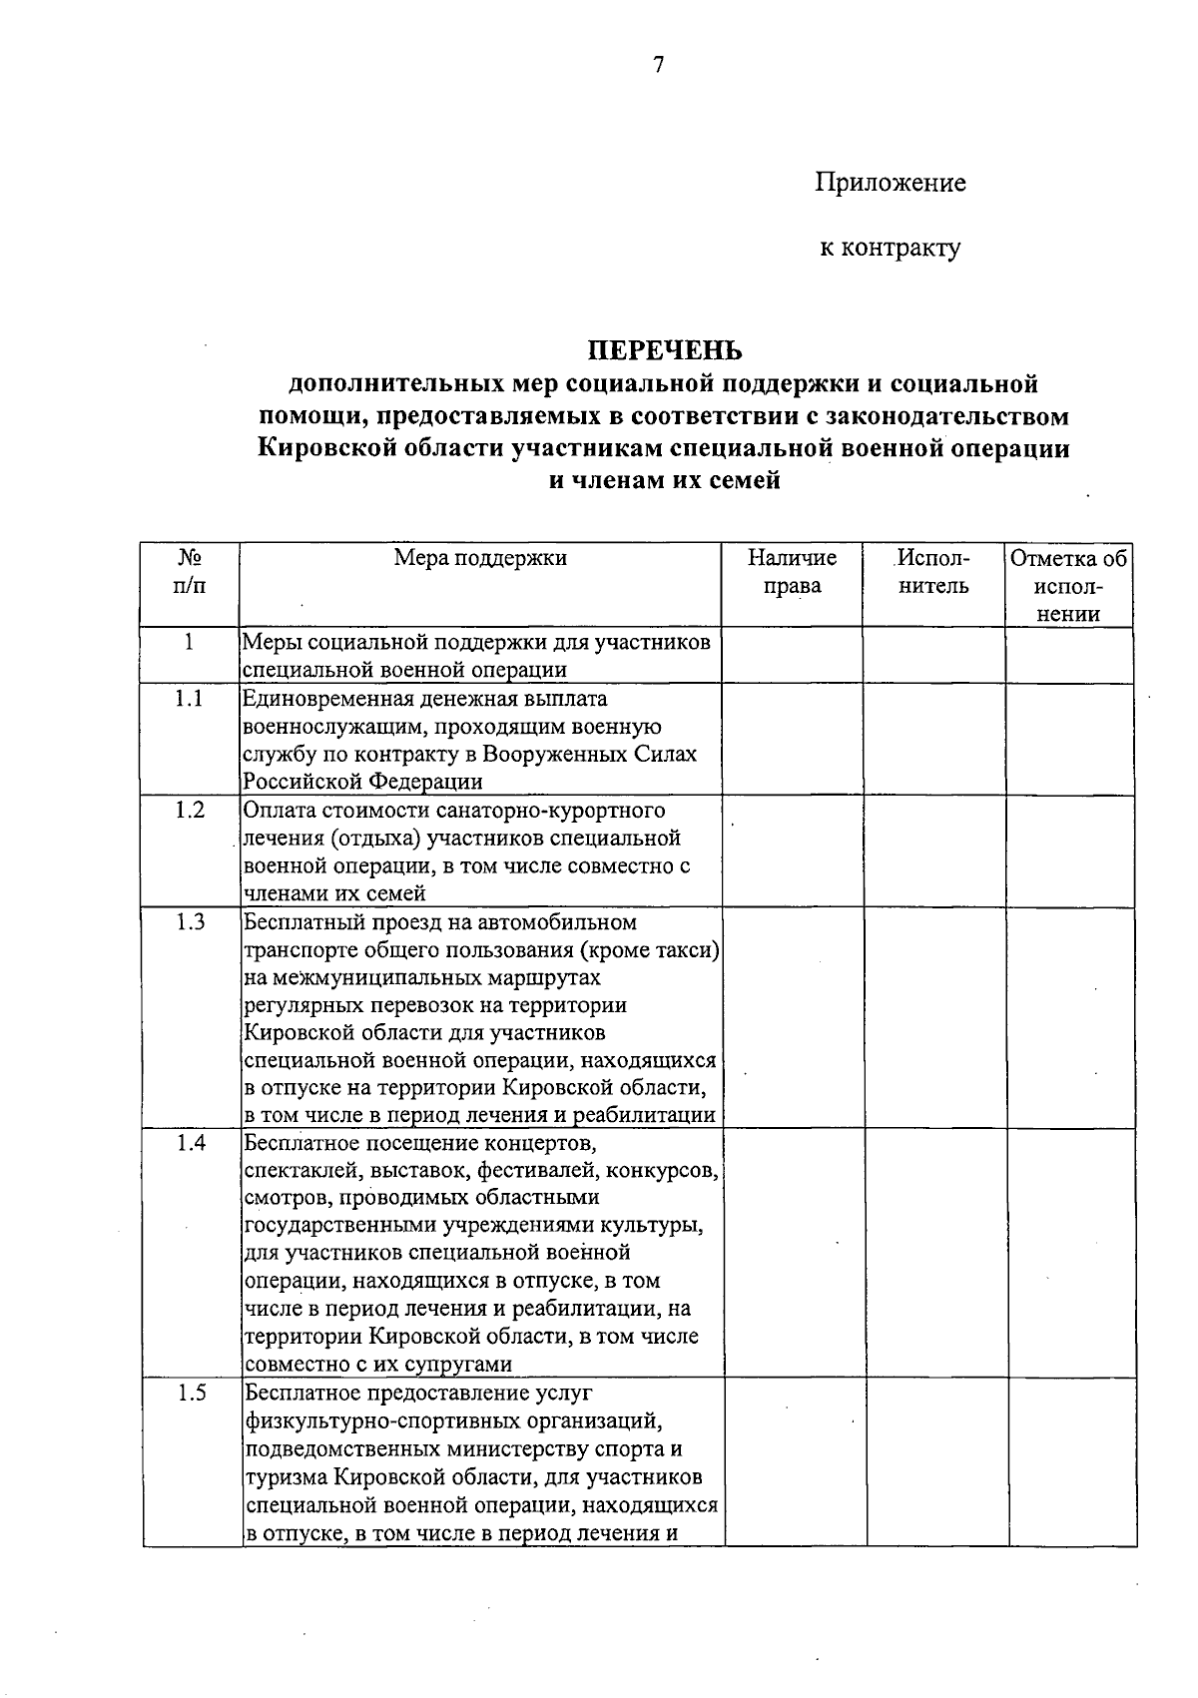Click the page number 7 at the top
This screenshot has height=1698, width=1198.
click(658, 66)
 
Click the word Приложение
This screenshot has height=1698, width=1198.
click(891, 183)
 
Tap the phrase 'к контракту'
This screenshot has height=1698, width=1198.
click(891, 247)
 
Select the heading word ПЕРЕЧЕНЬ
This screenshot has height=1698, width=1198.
click(664, 350)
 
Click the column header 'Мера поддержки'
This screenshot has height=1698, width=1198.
click(480, 558)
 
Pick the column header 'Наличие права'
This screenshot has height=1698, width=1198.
click(792, 572)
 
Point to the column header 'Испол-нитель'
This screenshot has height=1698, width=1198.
click(933, 572)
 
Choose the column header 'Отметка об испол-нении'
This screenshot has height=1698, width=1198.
click(1069, 586)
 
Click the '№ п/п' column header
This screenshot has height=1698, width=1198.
click(190, 572)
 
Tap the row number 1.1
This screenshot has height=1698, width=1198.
click(189, 699)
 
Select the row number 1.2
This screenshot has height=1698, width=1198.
click(189, 811)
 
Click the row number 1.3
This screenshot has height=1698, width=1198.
click(189, 922)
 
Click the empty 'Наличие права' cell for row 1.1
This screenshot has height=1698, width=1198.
click(792, 739)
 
